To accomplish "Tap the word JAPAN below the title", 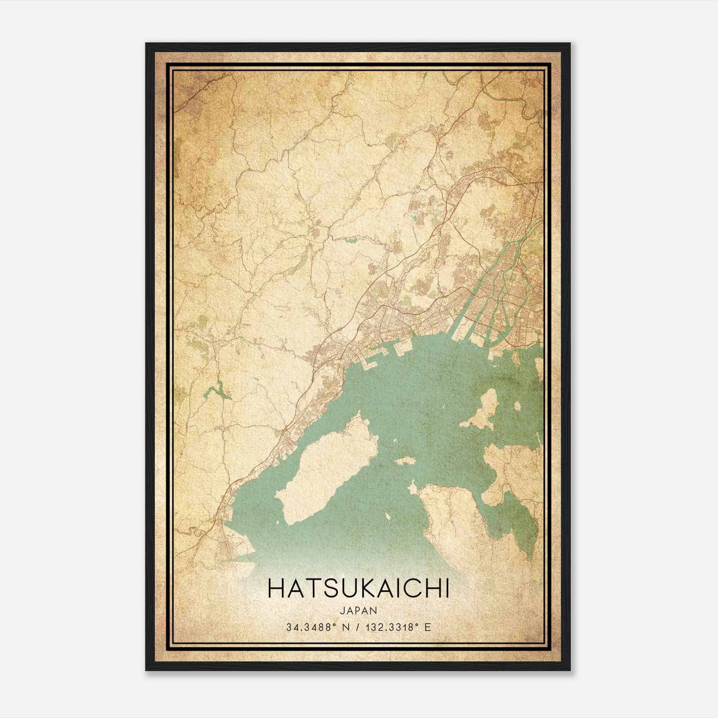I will click(358, 610).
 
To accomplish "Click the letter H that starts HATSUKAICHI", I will click(275, 589).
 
